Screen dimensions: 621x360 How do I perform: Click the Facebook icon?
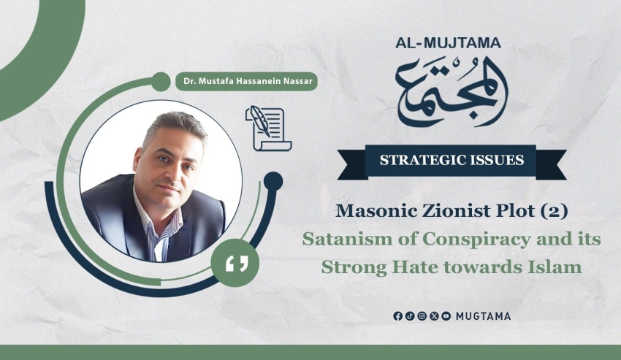[x=397, y=316]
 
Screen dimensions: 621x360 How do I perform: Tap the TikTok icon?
[x=410, y=316]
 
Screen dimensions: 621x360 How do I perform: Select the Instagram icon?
[x=422, y=316]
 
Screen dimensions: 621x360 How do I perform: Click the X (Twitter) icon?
[x=434, y=316]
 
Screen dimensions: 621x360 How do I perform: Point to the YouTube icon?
[x=446, y=316]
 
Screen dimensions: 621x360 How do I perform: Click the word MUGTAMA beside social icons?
[x=483, y=316]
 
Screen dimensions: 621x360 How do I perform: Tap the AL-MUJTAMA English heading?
[x=449, y=43]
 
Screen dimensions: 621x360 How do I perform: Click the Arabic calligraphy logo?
[x=452, y=92]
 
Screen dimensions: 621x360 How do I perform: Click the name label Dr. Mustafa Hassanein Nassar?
[x=248, y=81]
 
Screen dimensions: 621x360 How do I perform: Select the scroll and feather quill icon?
[x=269, y=129]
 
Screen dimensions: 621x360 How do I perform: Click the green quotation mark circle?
[x=235, y=263]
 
